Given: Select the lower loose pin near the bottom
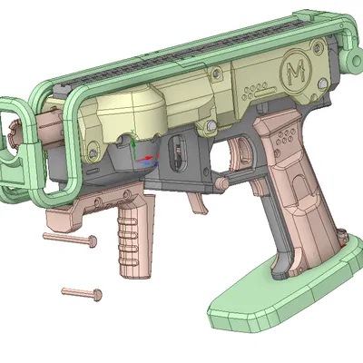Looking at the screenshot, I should tap(82, 293).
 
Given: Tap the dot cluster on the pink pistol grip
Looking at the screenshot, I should tap(284, 138).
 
